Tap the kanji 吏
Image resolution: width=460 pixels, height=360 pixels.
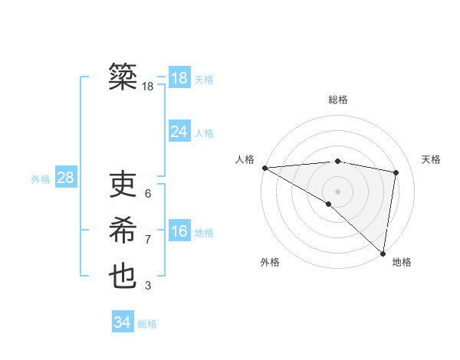[x=123, y=185]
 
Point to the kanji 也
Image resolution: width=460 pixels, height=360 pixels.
[x=123, y=277]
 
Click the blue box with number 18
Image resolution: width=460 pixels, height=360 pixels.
[x=179, y=77]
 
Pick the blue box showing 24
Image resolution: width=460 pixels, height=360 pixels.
[x=179, y=132]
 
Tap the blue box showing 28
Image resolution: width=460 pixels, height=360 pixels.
[x=65, y=178]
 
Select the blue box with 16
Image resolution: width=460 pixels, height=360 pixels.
[x=179, y=231]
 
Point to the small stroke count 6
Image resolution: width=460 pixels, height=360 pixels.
[x=147, y=194]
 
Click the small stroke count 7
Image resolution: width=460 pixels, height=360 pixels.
[x=147, y=240]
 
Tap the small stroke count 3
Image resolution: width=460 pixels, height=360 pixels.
[x=147, y=286]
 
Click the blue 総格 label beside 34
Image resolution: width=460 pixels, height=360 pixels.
[x=147, y=324]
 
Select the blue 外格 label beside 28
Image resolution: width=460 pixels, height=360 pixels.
[x=41, y=179]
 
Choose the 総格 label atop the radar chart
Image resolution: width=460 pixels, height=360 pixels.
[x=337, y=100]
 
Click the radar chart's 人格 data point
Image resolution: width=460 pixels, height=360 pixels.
[x=264, y=167]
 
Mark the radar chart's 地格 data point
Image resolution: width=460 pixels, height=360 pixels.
[x=383, y=253]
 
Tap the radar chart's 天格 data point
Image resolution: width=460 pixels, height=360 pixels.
[x=396, y=172]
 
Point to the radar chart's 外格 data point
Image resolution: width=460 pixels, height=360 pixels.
[x=328, y=204]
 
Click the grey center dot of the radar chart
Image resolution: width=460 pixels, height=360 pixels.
[x=337, y=191]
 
